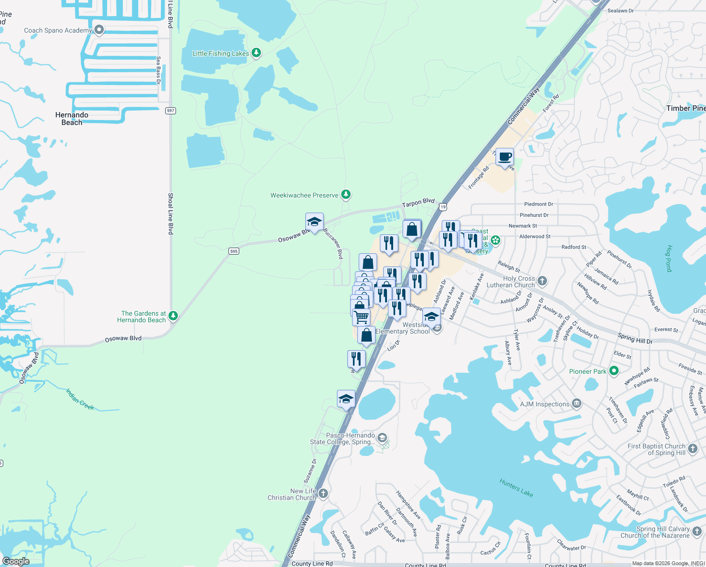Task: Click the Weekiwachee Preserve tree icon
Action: click(346, 195)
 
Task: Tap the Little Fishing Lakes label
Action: click(220, 53)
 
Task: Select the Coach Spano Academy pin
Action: click(99, 30)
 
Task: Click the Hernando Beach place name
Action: click(72, 119)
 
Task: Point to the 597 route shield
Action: click(170, 111)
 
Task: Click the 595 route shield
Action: click(234, 251)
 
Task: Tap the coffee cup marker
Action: click(504, 157)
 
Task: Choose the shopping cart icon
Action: click(361, 317)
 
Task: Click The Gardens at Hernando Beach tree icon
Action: click(173, 316)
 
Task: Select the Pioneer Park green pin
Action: click(614, 371)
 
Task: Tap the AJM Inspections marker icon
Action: click(576, 404)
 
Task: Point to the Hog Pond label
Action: click(668, 258)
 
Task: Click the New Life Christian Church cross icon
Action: click(323, 494)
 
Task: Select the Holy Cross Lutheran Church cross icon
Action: click(542, 281)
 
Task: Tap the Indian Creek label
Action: click(80, 399)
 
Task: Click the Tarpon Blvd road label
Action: click(418, 203)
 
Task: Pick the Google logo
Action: click(16, 561)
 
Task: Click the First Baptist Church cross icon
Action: click(692, 449)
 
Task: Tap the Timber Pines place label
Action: click(686, 108)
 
